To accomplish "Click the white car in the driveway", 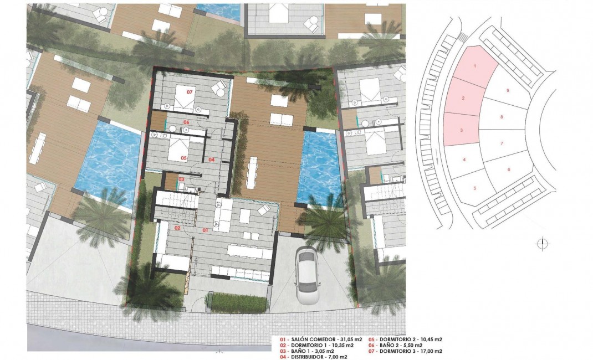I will click(306, 275).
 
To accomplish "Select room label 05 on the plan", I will click(183, 158).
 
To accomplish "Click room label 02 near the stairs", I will click(178, 228).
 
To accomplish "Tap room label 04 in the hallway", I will click(211, 160).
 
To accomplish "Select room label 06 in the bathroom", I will click(187, 122).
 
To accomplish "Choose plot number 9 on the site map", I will click(508, 90).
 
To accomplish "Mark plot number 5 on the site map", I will click(475, 188).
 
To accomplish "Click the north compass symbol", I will click(542, 243).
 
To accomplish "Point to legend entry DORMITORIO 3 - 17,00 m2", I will click(410, 351).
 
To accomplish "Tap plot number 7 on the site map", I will click(501, 143).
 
